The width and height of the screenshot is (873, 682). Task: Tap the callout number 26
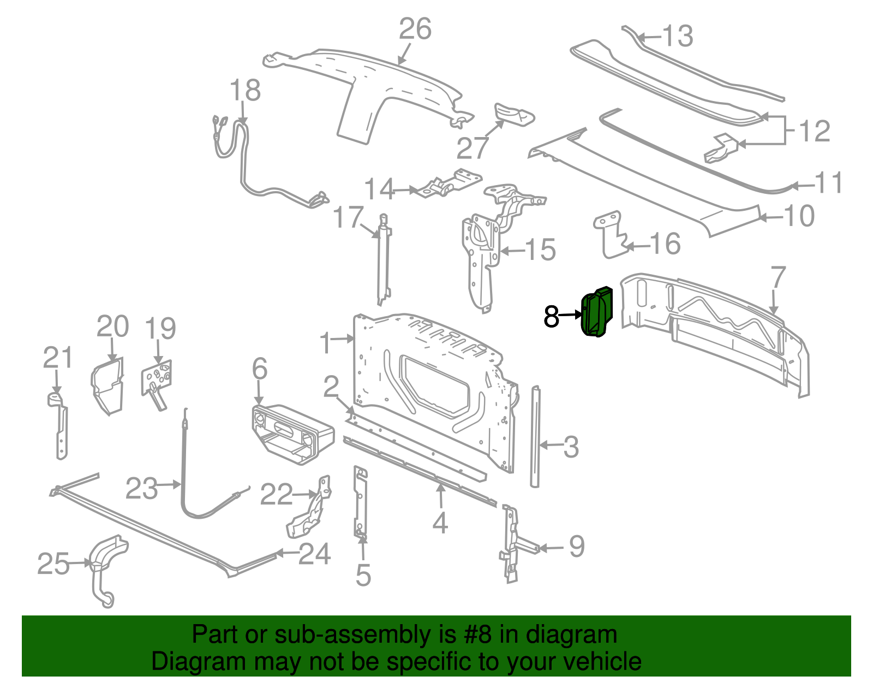[415, 29]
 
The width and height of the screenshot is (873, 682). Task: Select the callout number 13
[678, 37]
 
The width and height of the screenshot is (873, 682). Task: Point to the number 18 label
[245, 91]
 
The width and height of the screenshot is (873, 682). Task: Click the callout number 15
[540, 250]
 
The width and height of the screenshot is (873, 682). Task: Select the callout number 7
[778, 277]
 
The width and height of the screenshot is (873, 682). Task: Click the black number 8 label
[552, 316]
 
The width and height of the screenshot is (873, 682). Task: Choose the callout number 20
[113, 327]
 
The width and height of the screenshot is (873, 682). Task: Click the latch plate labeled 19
[157, 380]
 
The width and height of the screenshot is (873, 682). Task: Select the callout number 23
[141, 489]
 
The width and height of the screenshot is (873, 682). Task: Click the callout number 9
[577, 546]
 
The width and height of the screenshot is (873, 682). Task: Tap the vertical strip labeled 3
[535, 437]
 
